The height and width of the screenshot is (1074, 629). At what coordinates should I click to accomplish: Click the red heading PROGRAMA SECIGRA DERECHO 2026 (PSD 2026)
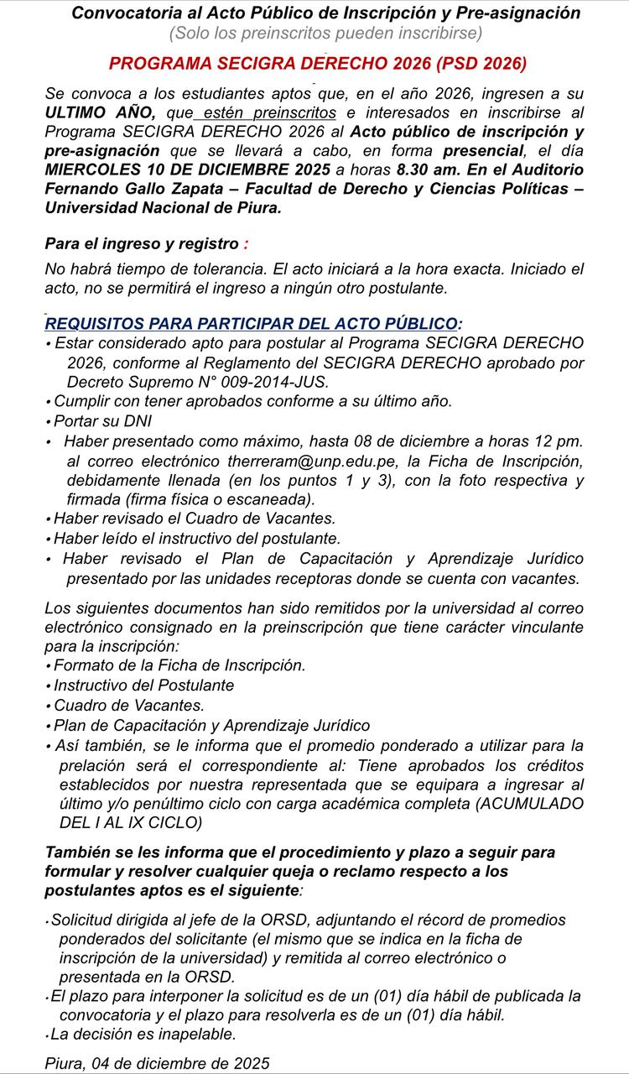(x=318, y=63)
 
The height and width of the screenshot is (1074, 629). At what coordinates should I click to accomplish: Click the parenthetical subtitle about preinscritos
(x=325, y=34)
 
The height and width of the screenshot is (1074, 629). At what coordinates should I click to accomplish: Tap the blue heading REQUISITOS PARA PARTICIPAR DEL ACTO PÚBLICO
(x=252, y=324)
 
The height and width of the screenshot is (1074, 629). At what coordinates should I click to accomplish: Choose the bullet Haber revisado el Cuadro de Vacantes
(x=194, y=519)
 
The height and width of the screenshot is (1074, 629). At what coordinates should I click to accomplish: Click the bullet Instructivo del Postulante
(x=143, y=685)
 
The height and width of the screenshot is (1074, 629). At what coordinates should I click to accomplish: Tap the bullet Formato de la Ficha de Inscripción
(x=179, y=665)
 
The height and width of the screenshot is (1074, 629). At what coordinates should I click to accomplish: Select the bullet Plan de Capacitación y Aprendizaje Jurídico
(x=211, y=725)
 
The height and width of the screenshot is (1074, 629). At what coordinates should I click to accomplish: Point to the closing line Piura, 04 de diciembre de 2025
(x=157, y=1063)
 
